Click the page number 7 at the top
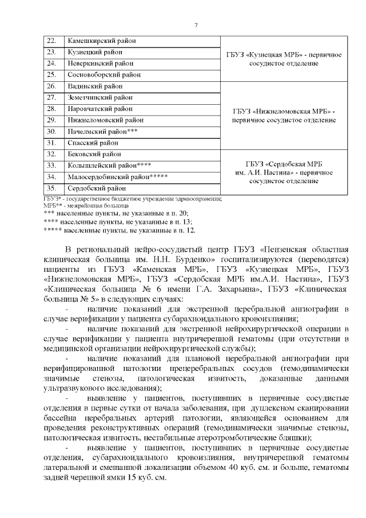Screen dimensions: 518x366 196,25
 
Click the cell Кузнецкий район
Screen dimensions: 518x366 94,52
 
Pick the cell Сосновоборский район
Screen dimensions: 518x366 104,74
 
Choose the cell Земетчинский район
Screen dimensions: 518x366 100,97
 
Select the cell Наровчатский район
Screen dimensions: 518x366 100,109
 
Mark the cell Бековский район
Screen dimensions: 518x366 94,154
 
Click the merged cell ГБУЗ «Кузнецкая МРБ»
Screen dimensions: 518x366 284,58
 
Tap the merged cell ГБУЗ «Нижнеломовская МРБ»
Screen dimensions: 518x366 284,114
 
